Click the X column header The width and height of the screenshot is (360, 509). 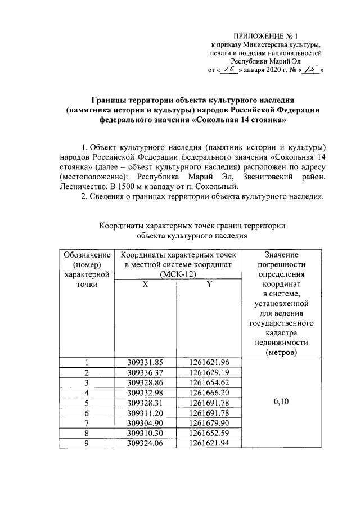click(145, 285)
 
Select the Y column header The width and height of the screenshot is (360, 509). click(209, 285)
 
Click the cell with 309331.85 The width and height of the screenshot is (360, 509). click(145, 362)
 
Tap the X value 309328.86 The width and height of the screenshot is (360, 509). click(145, 382)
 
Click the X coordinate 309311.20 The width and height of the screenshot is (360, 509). click(145, 412)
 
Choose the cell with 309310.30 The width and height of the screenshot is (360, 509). click(145, 433)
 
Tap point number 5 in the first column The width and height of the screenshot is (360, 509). click(87, 402)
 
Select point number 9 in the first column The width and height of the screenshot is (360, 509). click(87, 443)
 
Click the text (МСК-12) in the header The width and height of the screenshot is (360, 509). click(177, 274)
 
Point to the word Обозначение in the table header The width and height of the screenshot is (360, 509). click(87, 254)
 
